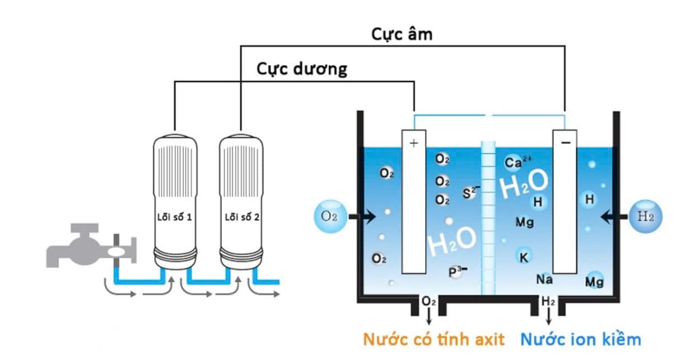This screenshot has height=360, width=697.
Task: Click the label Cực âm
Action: coord(402,34)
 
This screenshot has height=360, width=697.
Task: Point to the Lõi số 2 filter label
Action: coord(241,216)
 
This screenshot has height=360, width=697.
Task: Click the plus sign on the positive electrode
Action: coord(414,143)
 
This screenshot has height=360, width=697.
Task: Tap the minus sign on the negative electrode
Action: coord(566,143)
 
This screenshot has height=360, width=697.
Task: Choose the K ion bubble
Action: coord(524,257)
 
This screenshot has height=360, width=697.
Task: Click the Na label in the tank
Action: coord(544,279)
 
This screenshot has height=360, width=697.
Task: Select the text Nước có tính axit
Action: coord(434,339)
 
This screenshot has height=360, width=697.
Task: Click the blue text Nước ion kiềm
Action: coord(581,339)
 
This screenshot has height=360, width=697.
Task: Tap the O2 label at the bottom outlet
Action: coord(429,302)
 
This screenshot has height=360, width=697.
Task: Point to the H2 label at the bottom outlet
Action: coord(548,302)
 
